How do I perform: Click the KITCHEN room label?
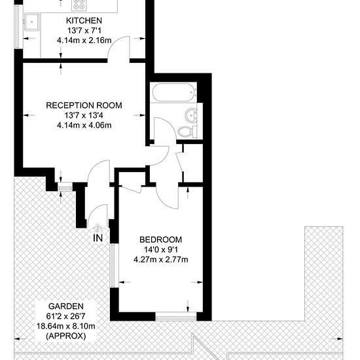click(84, 21)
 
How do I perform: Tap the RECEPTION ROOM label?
click(84, 105)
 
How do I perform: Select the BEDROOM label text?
click(161, 240)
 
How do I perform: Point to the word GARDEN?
click(66, 306)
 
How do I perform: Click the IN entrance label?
click(98, 238)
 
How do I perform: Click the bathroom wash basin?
click(190, 114)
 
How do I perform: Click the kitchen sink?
click(32, 22)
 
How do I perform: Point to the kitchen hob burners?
click(79, 5)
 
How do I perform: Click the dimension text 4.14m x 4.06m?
click(84, 126)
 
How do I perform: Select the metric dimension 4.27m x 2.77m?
click(161, 260)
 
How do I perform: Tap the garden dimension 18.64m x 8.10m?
click(66, 326)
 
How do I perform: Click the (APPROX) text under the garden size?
click(66, 336)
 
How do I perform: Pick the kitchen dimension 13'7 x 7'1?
click(84, 31)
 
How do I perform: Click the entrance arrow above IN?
click(98, 228)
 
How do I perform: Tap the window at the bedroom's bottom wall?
click(176, 317)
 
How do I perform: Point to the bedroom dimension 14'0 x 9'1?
click(161, 249)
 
